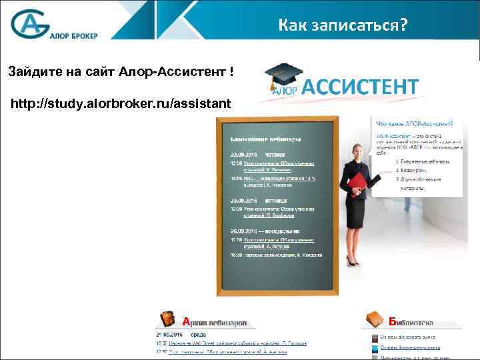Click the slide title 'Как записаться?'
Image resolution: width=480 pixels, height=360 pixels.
(343, 25)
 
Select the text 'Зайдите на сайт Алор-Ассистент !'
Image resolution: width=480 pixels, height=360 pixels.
(121, 71)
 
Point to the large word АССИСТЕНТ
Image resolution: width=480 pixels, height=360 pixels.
(361, 87)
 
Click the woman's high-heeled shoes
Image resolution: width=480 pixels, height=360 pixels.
(353, 260)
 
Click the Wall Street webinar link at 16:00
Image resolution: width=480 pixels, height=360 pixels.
(240, 343)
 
